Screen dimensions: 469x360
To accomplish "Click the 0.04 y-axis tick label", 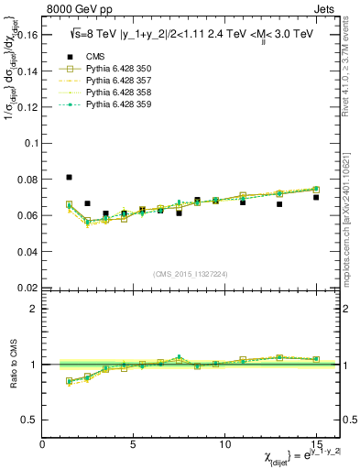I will click(27, 252).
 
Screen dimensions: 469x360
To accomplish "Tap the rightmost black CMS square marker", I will click(316, 197).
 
